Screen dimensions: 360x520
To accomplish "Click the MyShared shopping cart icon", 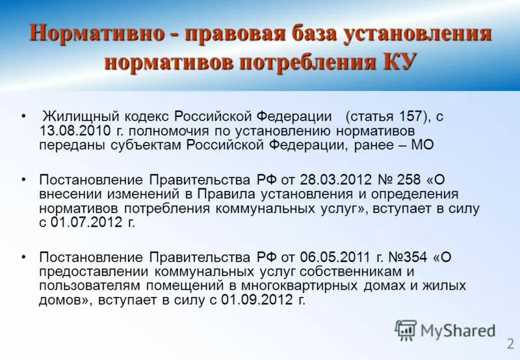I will tap(406, 330).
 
